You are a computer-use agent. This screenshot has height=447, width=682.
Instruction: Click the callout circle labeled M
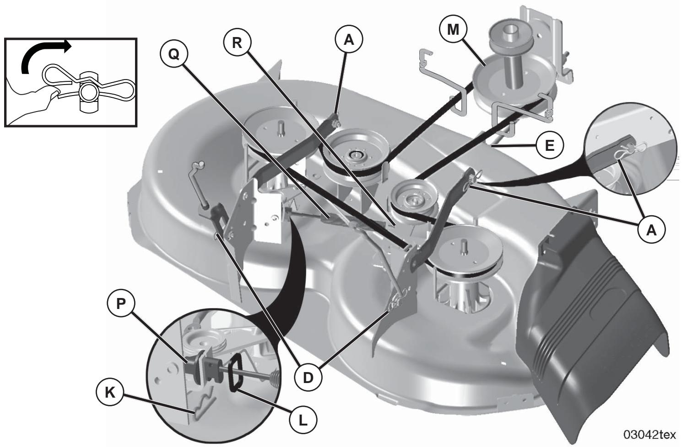[454, 30]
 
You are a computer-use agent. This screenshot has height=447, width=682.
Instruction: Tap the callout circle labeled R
[238, 43]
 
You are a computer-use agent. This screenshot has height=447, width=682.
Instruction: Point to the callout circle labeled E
[549, 146]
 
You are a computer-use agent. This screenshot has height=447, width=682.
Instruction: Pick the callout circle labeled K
[110, 393]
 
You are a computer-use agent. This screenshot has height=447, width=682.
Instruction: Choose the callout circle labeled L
[303, 421]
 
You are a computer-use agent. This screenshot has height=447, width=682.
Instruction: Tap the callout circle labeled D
[308, 378]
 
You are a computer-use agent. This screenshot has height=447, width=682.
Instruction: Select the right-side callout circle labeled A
[651, 230]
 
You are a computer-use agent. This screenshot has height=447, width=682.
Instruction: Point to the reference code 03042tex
[649, 434]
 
